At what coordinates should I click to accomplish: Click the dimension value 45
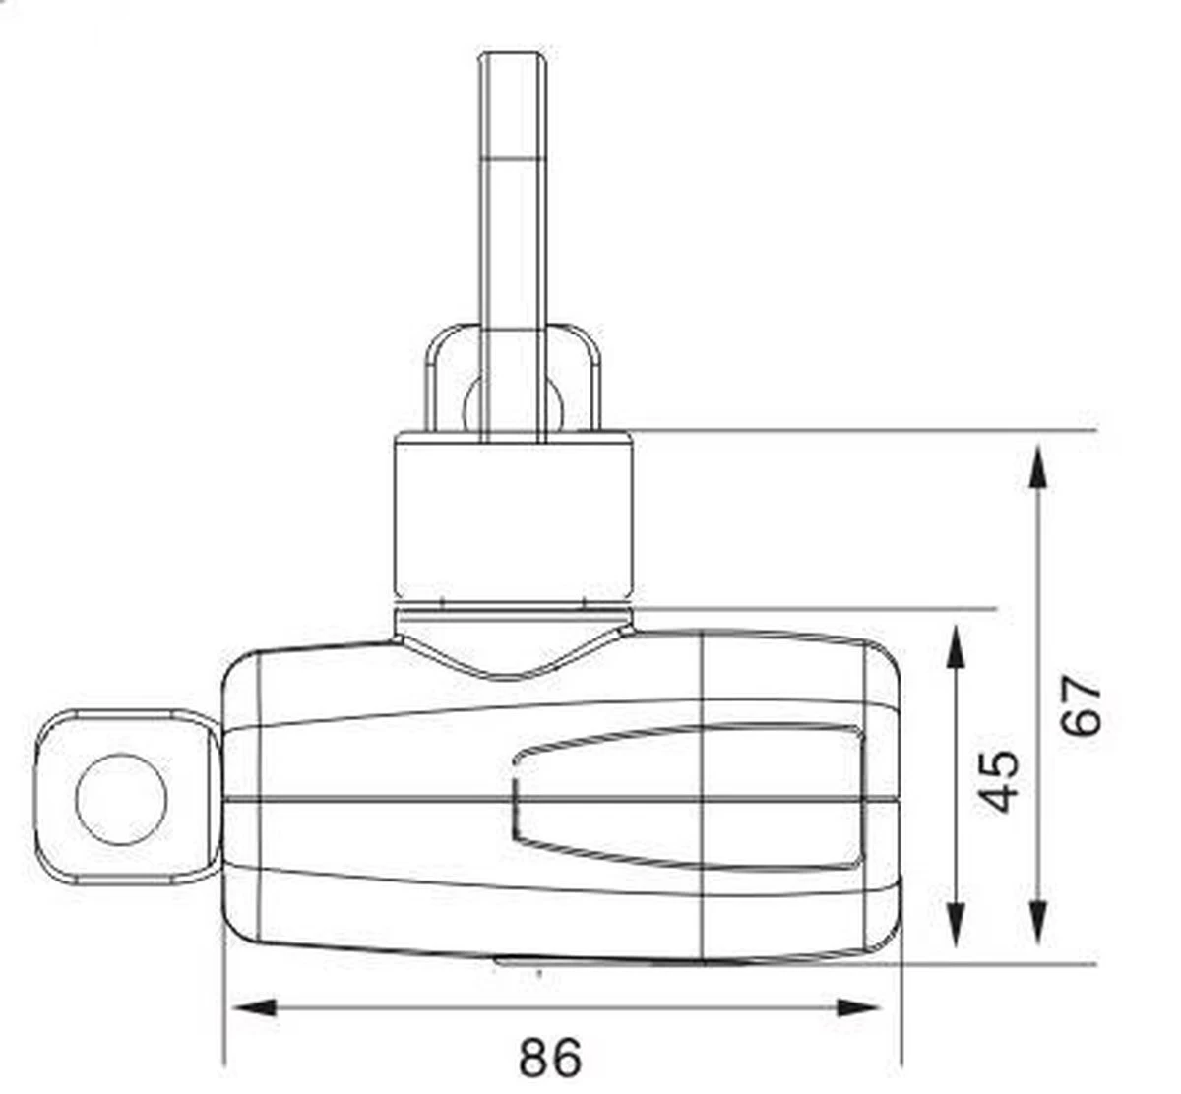click(x=1002, y=781)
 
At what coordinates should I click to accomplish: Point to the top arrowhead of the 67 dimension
click(x=1037, y=466)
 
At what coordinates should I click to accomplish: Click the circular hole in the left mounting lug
click(x=121, y=799)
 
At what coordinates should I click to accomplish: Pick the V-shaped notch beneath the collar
click(x=513, y=654)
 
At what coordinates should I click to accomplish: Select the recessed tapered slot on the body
click(x=689, y=797)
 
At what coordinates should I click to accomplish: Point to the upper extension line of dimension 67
click(x=866, y=431)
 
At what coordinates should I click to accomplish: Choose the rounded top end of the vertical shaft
click(x=513, y=61)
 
